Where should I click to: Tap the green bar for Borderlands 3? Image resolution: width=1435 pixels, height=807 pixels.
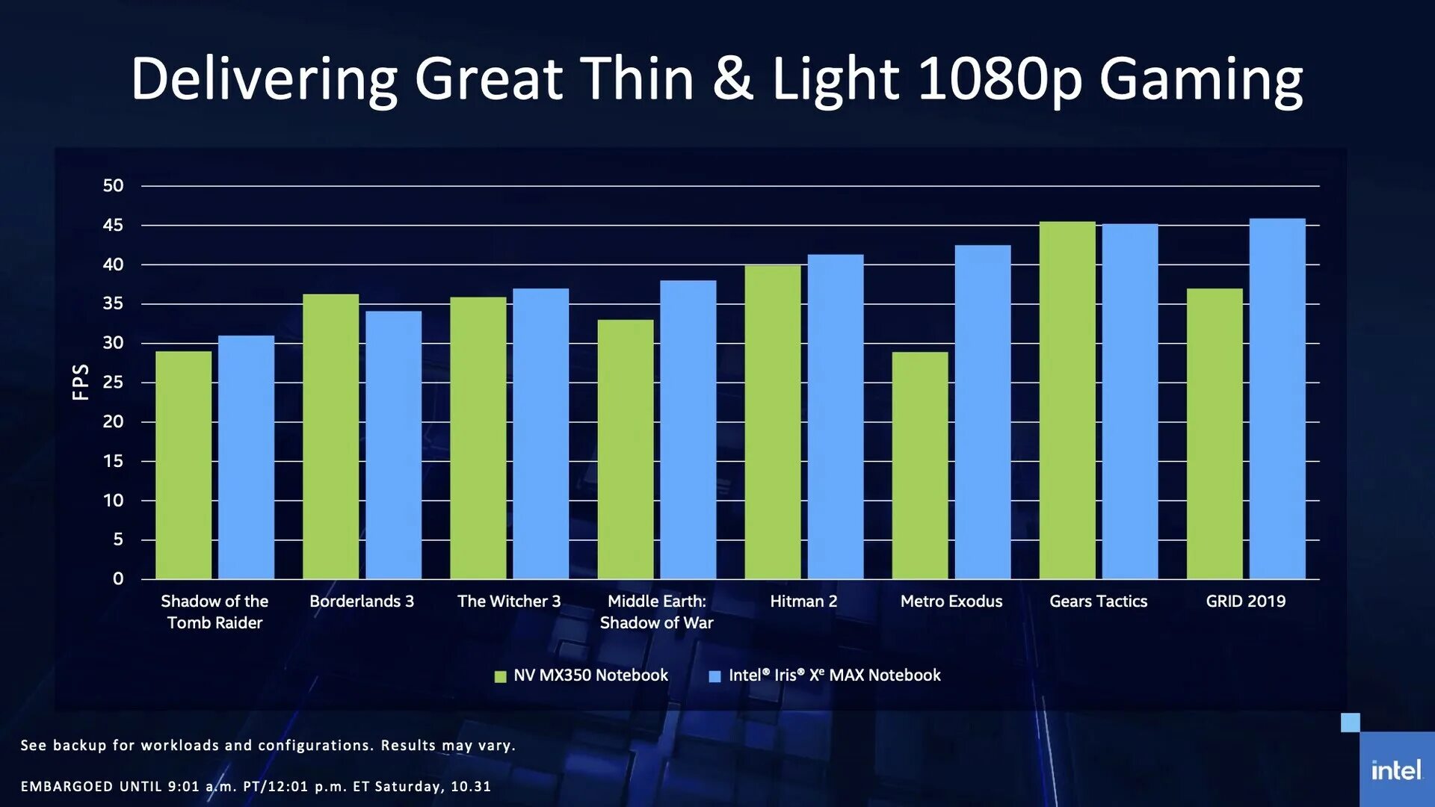pos(330,436)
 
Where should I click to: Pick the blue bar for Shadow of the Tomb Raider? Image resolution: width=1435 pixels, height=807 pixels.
pos(246,457)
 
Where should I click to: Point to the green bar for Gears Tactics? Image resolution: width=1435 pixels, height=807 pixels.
pos(1067,400)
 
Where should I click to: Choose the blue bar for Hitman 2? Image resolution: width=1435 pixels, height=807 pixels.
pos(835,416)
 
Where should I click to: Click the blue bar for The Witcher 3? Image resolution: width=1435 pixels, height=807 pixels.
pos(540,433)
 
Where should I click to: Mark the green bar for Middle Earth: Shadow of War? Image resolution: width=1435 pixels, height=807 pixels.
pos(626,449)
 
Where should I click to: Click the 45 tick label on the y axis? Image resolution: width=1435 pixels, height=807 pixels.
pos(113,225)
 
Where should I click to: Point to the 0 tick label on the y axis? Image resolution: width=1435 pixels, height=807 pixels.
pos(118,578)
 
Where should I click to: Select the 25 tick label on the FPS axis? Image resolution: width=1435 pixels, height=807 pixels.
pos(113,383)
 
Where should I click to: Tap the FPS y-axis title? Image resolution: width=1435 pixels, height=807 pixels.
pos(81,382)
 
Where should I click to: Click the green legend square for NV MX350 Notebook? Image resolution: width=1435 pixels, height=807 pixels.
pos(501,676)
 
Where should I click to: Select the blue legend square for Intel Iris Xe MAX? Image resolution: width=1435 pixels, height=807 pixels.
pos(715,676)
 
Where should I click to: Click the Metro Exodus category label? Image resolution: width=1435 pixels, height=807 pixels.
pos(951,601)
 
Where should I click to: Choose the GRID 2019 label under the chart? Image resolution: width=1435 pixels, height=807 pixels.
pos(1245,601)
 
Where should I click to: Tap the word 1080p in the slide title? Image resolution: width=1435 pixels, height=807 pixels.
pos(999,80)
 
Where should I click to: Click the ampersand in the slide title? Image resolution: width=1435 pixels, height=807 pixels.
pos(732,78)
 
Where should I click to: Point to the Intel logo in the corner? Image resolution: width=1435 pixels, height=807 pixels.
pos(1396,770)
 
